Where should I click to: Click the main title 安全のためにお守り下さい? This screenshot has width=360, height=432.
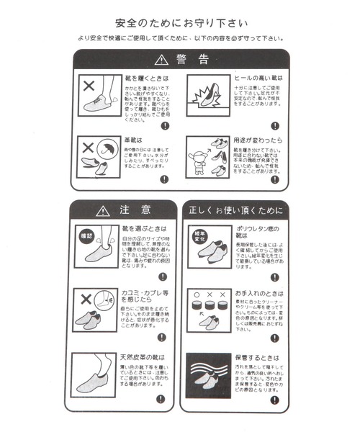click(180, 22)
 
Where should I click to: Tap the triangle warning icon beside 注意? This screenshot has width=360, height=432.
click(104, 210)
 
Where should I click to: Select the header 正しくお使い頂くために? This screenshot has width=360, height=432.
click(235, 210)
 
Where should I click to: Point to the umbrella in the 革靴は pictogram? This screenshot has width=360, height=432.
click(108, 149)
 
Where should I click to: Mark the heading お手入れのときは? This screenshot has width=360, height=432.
click(259, 294)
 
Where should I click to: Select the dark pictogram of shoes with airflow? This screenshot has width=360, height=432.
click(207, 372)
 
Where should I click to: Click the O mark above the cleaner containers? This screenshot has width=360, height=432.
click(194, 294)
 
